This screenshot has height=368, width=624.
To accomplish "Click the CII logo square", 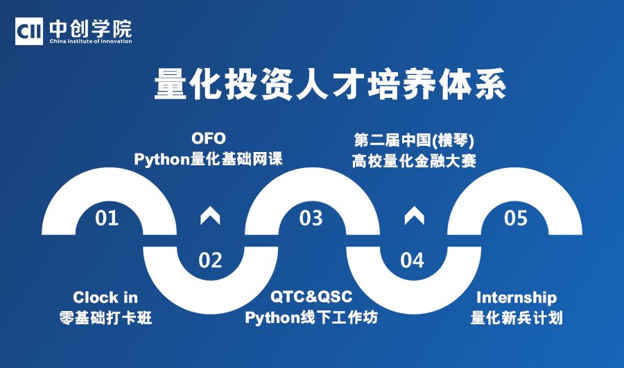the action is (x=29, y=31).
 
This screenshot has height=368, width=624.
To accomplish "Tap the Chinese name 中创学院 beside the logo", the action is (x=91, y=28).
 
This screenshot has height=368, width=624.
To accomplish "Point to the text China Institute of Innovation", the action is (x=91, y=42).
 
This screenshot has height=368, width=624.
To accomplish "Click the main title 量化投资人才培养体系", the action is (x=330, y=85).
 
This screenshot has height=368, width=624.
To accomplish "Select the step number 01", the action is (x=107, y=218).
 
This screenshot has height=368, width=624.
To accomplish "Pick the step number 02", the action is (x=210, y=260).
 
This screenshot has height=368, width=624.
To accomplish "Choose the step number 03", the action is (x=311, y=218).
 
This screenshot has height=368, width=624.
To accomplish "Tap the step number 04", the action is (x=412, y=260).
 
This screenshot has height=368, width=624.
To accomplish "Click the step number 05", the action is (x=515, y=218).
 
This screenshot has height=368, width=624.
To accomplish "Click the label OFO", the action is (x=209, y=138).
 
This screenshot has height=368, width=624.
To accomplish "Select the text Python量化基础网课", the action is (x=209, y=159).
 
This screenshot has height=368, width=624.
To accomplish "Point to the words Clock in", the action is (x=105, y=297).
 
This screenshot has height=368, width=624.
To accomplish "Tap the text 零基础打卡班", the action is (x=105, y=318).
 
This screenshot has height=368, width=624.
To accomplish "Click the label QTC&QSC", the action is (x=311, y=296).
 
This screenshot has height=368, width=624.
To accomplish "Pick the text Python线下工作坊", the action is (x=311, y=318).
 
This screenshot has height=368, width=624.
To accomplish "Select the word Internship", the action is (x=517, y=297).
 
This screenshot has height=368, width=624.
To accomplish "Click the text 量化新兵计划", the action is (x=517, y=318).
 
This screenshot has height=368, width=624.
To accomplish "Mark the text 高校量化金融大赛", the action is (x=414, y=161).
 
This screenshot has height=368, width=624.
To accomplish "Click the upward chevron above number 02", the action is (x=210, y=216).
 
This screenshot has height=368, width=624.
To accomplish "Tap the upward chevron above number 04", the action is (x=415, y=216).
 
